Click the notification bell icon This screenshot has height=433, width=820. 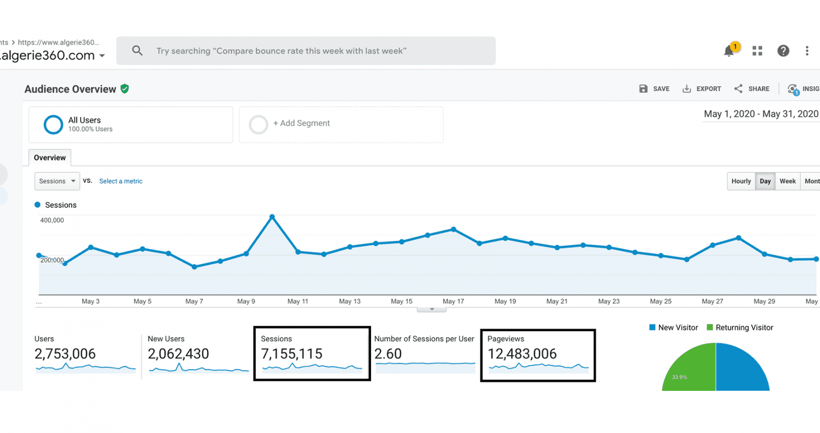729,51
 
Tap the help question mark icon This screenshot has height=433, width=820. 783,51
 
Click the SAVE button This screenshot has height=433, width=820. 654,89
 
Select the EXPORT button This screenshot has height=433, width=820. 701,89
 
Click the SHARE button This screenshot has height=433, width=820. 752,89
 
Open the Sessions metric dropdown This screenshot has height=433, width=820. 57,181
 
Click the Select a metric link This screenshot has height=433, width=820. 121,181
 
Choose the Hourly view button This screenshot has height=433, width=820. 741,181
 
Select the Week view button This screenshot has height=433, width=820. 787,181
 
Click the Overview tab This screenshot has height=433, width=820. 50,158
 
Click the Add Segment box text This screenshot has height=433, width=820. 301,123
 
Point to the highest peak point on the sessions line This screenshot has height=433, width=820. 272,217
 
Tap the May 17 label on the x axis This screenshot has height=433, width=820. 453,301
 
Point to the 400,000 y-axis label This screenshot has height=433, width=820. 52,220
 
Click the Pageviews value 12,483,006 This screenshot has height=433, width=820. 522,354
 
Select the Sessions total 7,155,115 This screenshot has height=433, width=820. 291,354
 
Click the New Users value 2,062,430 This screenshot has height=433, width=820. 178,354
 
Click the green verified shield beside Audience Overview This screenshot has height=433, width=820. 125,89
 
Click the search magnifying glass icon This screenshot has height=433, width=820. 137,51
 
